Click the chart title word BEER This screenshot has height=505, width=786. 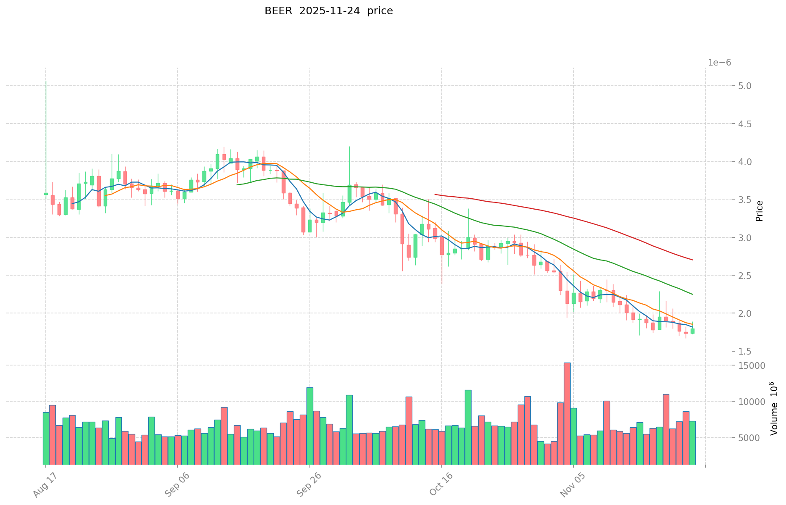278,11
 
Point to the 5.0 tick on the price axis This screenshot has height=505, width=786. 720,86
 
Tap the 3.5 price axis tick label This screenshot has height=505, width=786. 720,200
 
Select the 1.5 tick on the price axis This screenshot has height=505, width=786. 720,351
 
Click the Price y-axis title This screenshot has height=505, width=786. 759,211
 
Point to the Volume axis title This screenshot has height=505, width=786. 773,408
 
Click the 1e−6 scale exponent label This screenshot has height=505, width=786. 719,63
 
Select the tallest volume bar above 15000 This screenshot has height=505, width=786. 567,414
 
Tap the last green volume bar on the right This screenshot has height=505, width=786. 692,443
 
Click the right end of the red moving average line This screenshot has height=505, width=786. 692,260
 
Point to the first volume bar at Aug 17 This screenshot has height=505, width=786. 46,438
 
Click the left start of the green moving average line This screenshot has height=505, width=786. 237,184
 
